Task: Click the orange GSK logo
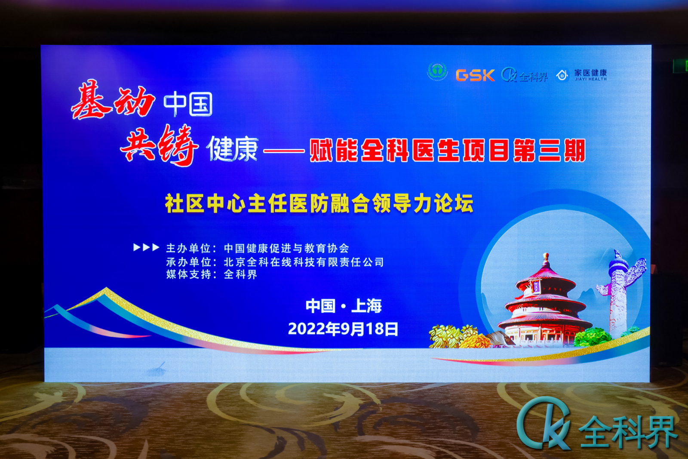click(475, 75)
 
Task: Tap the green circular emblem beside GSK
click(437, 72)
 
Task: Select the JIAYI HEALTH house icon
click(562, 75)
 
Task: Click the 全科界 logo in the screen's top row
click(525, 75)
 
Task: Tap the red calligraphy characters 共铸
click(159, 145)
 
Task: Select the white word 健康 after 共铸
click(233, 149)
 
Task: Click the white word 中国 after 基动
click(188, 105)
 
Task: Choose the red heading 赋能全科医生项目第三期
click(448, 150)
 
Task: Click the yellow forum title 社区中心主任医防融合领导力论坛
click(319, 203)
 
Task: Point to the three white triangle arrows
click(146, 247)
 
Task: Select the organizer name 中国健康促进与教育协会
click(286, 248)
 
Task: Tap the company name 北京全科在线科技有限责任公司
click(304, 262)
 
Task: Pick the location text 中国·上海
click(344, 306)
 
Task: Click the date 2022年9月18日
click(343, 329)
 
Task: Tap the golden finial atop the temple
click(546, 260)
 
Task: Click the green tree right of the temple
click(592, 337)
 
